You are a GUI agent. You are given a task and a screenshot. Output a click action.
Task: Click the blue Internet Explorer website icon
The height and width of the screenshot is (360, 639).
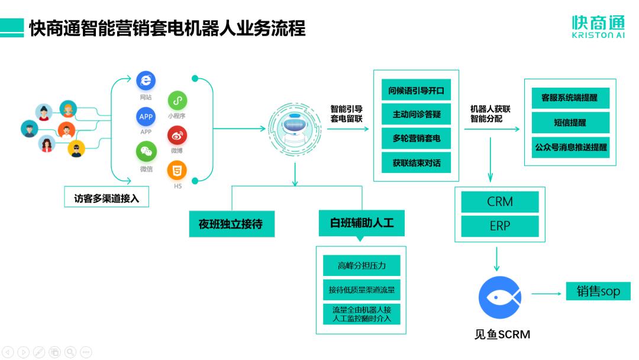point(146,81)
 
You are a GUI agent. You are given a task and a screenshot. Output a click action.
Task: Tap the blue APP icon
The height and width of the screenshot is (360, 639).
point(146,117)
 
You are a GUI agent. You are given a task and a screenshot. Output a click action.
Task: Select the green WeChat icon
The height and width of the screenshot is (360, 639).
point(146,152)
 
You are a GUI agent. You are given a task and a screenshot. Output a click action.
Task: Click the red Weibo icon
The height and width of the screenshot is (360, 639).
point(177,136)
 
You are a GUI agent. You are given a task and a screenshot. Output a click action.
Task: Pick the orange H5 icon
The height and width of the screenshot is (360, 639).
point(177,171)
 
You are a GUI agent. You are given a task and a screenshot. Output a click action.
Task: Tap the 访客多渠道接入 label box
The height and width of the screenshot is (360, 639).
point(106,198)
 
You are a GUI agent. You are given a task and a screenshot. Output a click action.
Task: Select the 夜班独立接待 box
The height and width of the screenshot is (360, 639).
point(231,224)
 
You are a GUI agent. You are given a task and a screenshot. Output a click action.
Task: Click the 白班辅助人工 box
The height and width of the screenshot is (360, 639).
point(362,223)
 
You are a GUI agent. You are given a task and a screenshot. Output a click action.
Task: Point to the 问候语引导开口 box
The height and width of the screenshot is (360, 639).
point(416,91)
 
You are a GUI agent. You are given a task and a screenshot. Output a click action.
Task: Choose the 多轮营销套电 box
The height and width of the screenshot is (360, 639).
point(416,138)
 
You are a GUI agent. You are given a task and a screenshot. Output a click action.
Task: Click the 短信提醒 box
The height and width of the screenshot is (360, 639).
point(570,123)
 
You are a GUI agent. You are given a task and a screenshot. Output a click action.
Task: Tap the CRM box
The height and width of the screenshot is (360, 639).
point(499,202)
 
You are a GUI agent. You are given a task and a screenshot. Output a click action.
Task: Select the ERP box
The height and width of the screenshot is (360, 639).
point(499,226)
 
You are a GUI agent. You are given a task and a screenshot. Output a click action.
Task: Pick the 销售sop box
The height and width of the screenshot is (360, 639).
point(598,291)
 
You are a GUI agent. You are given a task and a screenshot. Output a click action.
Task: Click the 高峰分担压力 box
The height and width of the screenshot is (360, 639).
point(362,265)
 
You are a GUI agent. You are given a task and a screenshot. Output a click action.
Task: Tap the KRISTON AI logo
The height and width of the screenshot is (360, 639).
point(598,27)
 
